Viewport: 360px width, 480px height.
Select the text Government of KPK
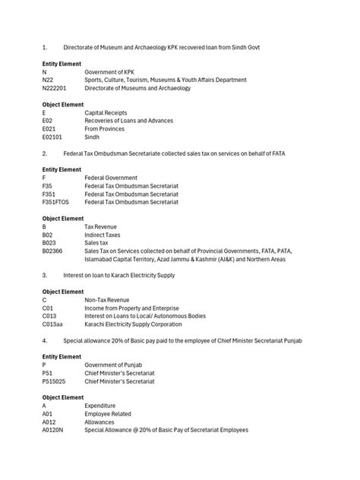point(110,72)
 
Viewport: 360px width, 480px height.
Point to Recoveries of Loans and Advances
point(128,120)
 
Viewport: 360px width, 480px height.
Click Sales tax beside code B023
point(99,242)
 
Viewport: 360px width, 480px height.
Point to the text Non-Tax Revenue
point(107,299)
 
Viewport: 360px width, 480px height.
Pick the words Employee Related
point(108,413)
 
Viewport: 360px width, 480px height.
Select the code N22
point(47,80)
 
